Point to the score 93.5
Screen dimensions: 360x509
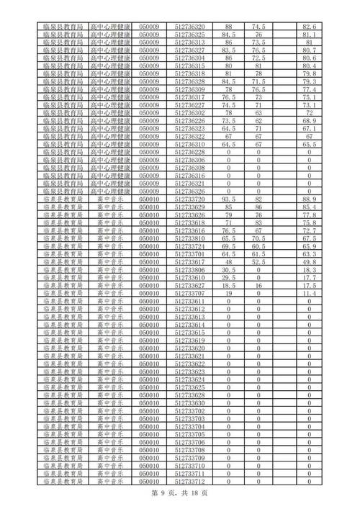[x=229, y=198]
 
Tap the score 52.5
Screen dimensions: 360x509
[x=259, y=263]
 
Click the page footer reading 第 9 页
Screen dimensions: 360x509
[x=163, y=495]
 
